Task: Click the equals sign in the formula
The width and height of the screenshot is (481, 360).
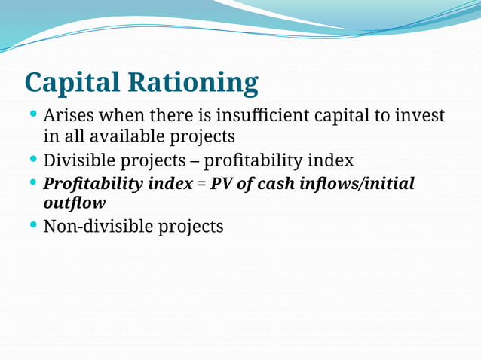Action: [201, 184]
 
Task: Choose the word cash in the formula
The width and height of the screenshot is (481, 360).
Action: [280, 184]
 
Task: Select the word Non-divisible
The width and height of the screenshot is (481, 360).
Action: [97, 226]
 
